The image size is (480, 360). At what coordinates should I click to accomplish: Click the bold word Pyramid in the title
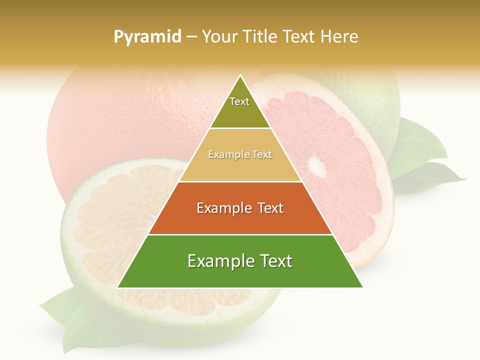[147, 37]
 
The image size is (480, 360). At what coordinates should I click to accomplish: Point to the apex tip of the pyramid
[240, 76]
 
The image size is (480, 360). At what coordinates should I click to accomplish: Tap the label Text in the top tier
[239, 101]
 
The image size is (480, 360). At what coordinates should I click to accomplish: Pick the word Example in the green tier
[216, 261]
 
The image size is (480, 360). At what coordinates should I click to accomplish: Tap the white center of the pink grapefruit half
[315, 164]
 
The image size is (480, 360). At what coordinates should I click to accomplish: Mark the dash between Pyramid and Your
[191, 37]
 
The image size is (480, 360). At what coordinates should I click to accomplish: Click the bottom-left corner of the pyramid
[118, 287]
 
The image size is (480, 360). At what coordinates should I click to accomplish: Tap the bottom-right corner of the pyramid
[362, 287]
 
